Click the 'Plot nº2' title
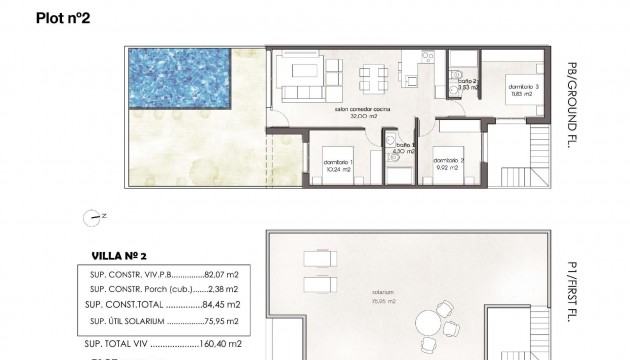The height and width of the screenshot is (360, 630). pyautogui.click(x=63, y=17)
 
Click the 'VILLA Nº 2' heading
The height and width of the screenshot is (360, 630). pyautogui.click(x=112, y=255)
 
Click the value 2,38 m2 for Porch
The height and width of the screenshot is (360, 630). pyautogui.click(x=223, y=288)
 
